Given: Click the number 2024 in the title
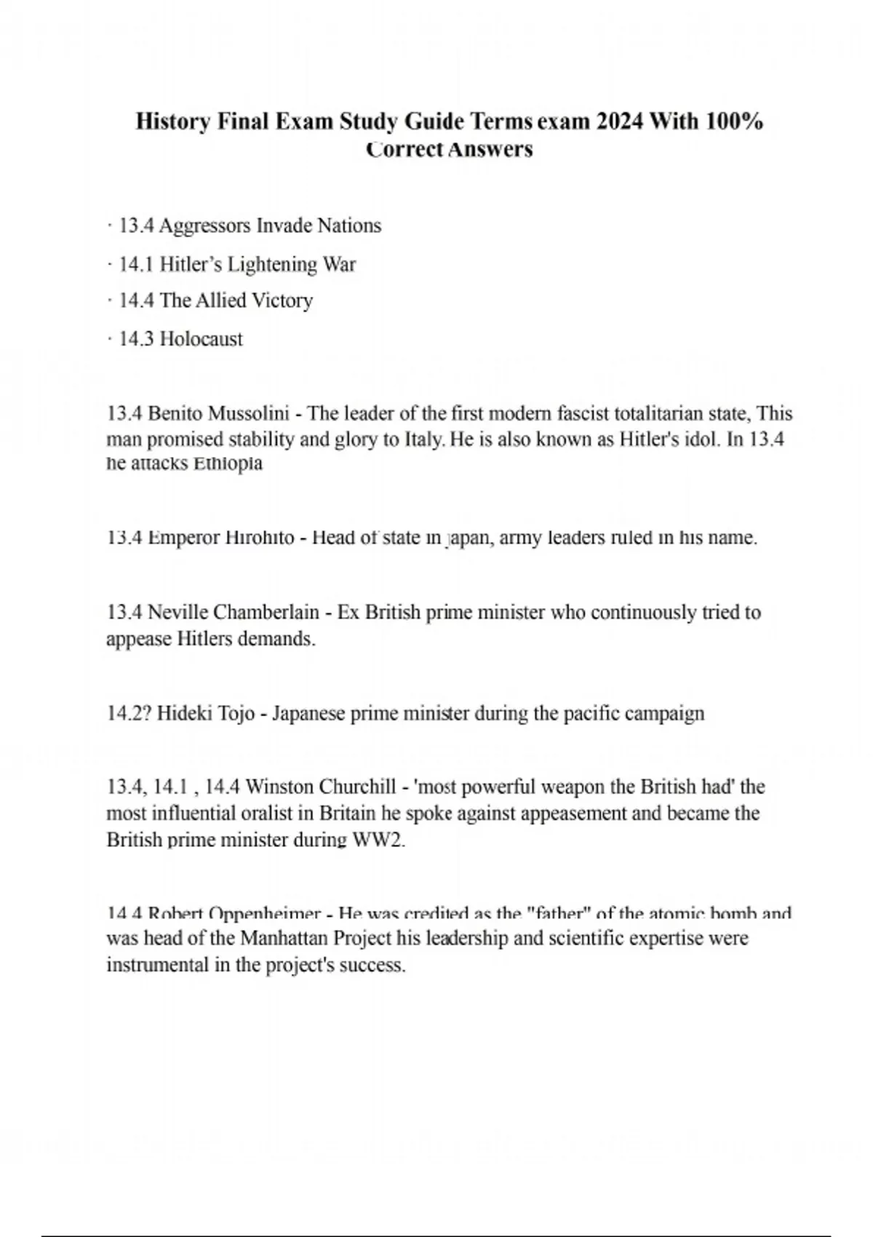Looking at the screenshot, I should click(619, 121).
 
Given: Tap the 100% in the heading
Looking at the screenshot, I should click(734, 121).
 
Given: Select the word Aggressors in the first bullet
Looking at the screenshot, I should click(204, 226).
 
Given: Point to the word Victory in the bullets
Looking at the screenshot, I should click(282, 301).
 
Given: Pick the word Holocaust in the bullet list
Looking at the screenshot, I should click(201, 339).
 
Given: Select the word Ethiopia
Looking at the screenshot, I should click(227, 464).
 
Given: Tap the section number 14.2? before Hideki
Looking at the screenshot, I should click(128, 713).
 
